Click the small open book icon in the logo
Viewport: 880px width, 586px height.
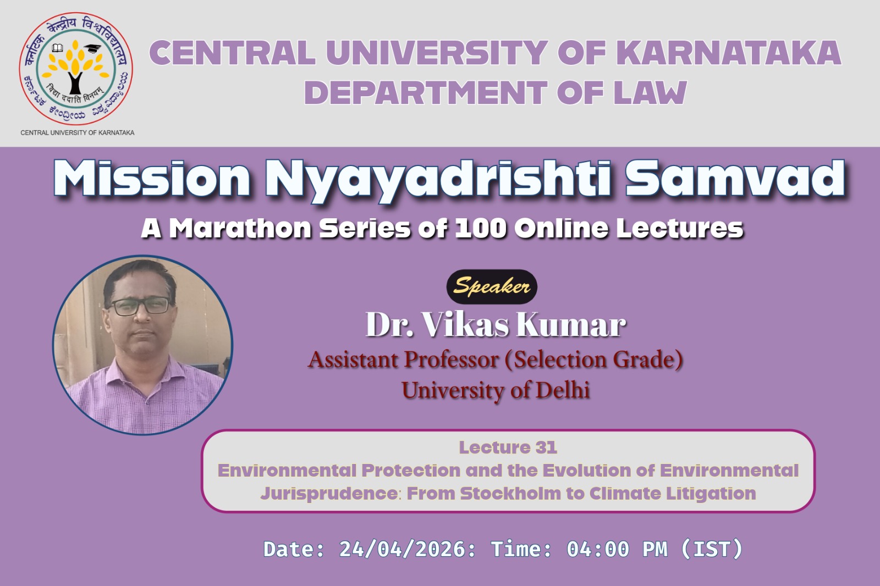pyautogui.click(x=57, y=48)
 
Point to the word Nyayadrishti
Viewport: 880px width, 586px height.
pyautogui.click(x=438, y=179)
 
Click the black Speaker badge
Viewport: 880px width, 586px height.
pyautogui.click(x=492, y=286)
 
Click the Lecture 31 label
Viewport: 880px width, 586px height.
pyautogui.click(x=508, y=447)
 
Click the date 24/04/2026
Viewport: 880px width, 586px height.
pyautogui.click(x=403, y=549)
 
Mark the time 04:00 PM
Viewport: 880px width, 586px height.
pyautogui.click(x=617, y=549)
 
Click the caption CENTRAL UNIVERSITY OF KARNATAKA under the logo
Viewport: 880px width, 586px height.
pyautogui.click(x=78, y=132)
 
